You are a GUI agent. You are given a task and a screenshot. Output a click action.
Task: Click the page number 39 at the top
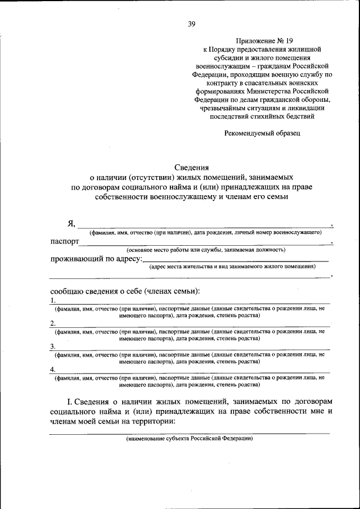tap(191, 24)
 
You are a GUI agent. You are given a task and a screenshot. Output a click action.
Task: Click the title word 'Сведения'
tap(191, 167)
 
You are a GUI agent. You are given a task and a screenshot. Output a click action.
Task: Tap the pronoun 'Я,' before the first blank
tap(71, 223)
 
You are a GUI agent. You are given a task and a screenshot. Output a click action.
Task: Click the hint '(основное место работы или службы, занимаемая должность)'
tap(206, 249)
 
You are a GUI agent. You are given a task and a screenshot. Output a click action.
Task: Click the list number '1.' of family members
tap(52, 301)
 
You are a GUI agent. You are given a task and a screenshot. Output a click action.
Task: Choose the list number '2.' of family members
tap(52, 323)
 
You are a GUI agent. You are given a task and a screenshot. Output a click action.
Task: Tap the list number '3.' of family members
tap(52, 346)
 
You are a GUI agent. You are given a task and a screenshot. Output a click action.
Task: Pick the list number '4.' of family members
tap(52, 370)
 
